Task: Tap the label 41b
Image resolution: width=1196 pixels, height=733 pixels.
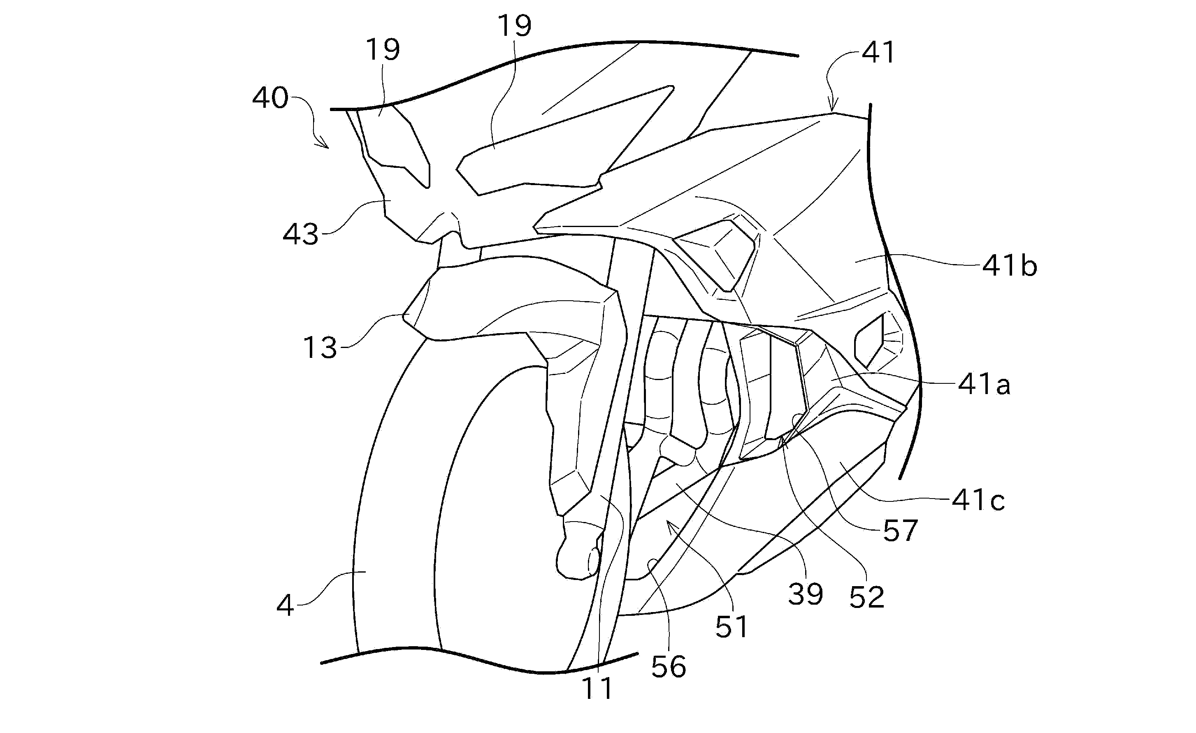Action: pyautogui.click(x=1010, y=266)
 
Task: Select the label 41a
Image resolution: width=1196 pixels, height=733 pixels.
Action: pyautogui.click(x=984, y=385)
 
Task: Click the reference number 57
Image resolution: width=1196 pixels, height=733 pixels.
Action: pyautogui.click(x=900, y=531)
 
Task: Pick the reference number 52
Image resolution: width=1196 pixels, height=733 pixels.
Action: pyautogui.click(x=867, y=597)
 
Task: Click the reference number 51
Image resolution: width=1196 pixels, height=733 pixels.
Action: pyautogui.click(x=732, y=627)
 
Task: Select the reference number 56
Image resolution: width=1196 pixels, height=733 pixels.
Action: pyautogui.click(x=669, y=667)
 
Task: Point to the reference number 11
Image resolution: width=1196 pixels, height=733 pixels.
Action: pyautogui.click(x=597, y=688)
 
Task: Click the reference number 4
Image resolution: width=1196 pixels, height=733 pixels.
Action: pyautogui.click(x=285, y=605)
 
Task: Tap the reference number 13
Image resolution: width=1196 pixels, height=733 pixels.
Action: pyautogui.click(x=320, y=348)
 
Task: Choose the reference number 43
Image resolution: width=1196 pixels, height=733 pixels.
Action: pyautogui.click(x=300, y=234)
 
